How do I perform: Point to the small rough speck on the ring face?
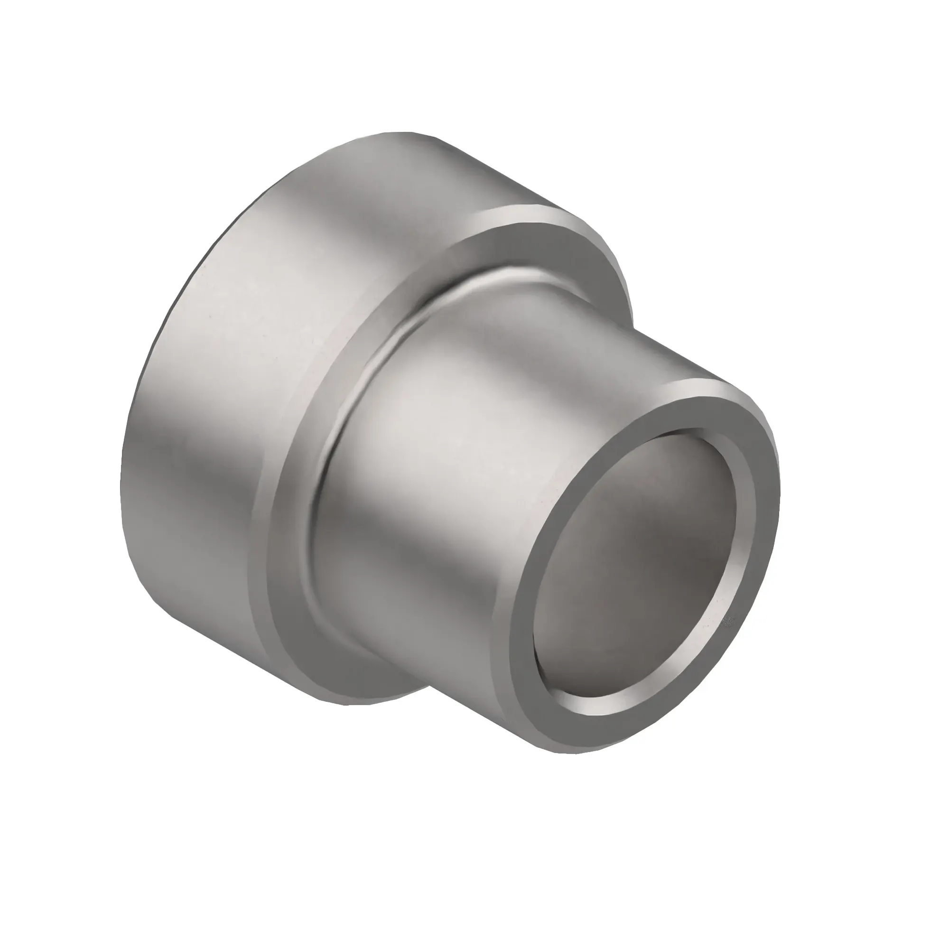pyautogui.click(x=728, y=622)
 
